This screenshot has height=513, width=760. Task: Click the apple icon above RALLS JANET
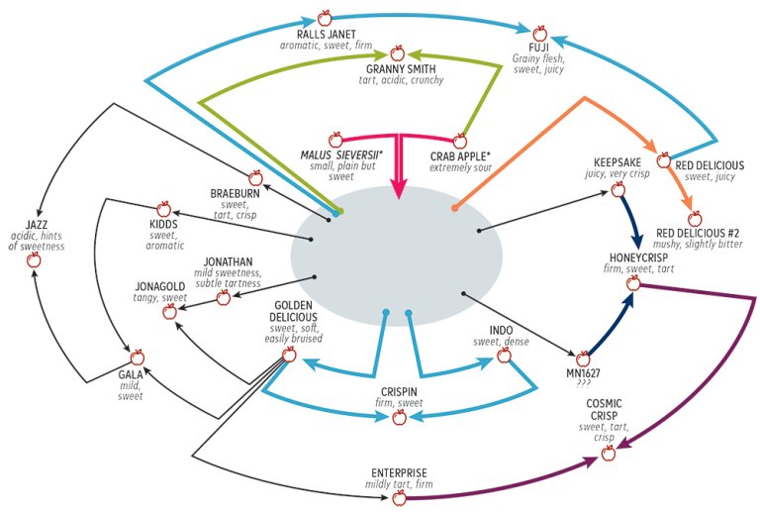tap(325, 19)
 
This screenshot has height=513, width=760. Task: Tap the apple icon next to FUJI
tap(539, 34)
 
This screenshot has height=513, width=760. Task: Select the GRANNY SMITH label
tap(401, 69)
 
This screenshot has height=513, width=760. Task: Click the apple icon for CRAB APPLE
tap(459, 141)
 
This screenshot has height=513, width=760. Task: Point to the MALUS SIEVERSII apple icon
tap(335, 140)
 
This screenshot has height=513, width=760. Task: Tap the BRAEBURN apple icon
tap(255, 177)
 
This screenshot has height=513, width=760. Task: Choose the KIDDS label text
tap(164, 224)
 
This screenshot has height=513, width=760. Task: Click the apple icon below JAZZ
tap(34, 259)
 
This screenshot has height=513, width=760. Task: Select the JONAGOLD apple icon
tap(169, 311)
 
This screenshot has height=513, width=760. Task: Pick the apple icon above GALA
tap(138, 358)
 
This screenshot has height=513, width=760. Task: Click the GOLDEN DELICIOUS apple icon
tap(289, 355)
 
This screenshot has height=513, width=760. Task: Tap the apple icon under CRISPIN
tap(399, 417)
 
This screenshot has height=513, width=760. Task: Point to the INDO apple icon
tap(504, 356)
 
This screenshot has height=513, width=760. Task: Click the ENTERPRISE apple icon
tap(399, 497)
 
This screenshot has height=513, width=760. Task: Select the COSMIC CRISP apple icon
tap(609, 453)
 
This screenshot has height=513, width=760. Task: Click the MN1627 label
tap(583, 373)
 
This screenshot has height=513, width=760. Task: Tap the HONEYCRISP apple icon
tap(633, 282)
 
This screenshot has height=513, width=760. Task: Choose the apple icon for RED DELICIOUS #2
tap(695, 218)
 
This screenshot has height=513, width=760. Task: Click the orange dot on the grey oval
tap(454, 208)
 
